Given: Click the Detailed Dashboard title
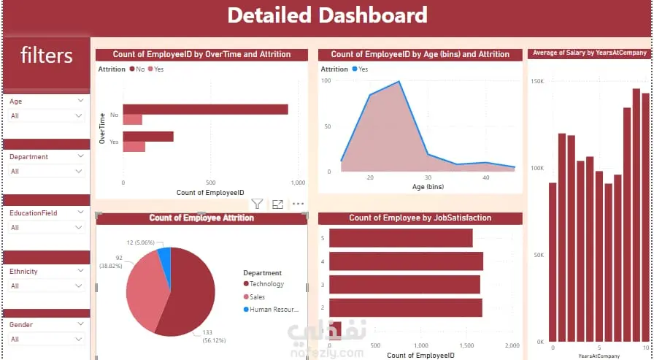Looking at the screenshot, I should click(327, 15).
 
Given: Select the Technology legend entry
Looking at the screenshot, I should click(266, 284).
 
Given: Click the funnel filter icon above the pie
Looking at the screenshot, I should click(257, 204).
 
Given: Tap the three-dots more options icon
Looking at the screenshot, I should click(298, 204).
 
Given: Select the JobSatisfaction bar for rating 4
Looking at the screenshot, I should click(406, 261).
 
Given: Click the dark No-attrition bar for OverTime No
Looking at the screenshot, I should click(205, 110).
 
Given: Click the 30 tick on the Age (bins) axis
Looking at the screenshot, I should click(428, 177).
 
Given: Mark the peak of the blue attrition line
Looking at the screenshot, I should click(399, 82).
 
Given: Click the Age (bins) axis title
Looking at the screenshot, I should click(428, 188).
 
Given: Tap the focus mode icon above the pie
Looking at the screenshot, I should click(277, 204).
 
